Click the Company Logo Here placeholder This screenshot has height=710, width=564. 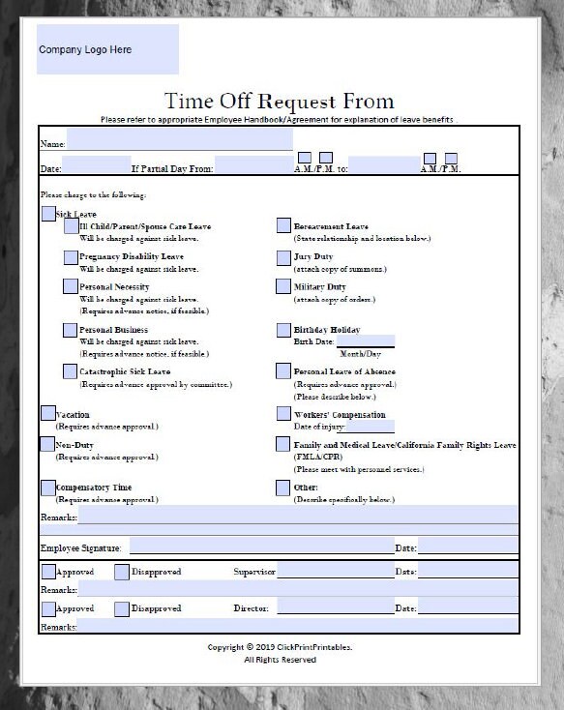pyautogui.click(x=107, y=50)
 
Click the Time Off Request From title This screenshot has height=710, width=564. pyautogui.click(x=280, y=102)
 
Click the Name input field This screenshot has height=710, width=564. pyautogui.click(x=179, y=141)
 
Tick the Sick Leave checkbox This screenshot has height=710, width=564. pyautogui.click(x=48, y=213)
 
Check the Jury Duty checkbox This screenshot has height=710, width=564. pyautogui.click(x=283, y=256)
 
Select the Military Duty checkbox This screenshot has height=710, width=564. pyautogui.click(x=283, y=286)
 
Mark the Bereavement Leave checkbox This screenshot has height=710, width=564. pyautogui.click(x=283, y=225)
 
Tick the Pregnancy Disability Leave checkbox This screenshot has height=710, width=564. pyautogui.click(x=71, y=256)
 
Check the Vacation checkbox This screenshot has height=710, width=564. pyautogui.click(x=48, y=413)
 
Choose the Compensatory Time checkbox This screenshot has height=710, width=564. pyautogui.click(x=48, y=487)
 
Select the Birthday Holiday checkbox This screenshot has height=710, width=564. pyautogui.click(x=283, y=329)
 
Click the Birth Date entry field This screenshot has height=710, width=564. pyautogui.click(x=365, y=340)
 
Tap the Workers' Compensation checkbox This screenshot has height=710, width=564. pyautogui.click(x=283, y=413)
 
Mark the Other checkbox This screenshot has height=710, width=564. pyautogui.click(x=283, y=487)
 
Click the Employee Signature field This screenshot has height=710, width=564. pyautogui.click(x=261, y=547)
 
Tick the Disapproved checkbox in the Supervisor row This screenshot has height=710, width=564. pyautogui.click(x=121, y=572)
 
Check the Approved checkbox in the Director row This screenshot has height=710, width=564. pyautogui.click(x=48, y=608)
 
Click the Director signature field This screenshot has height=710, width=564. pyautogui.click(x=335, y=607)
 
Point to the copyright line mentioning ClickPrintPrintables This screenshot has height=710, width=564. pyautogui.click(x=280, y=646)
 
